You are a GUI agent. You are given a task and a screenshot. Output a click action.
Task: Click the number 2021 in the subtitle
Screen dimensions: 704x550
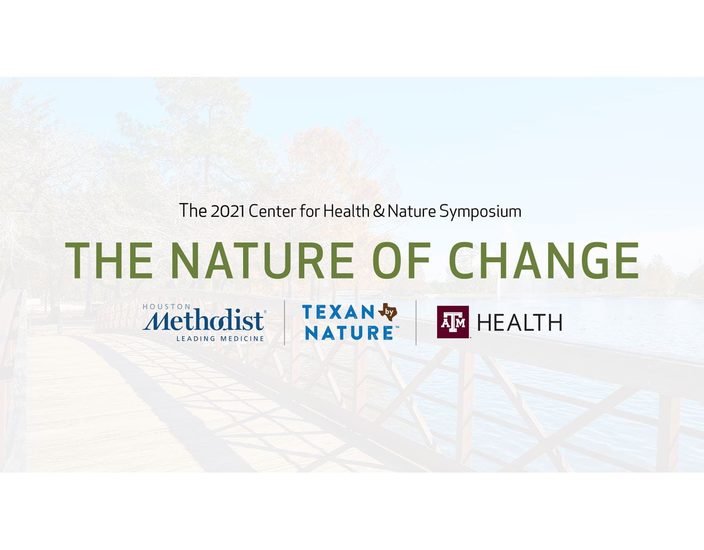[227, 211]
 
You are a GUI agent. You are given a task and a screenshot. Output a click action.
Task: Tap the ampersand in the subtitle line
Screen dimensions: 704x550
[378, 211]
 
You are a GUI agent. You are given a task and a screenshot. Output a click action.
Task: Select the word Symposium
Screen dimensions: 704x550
[480, 212]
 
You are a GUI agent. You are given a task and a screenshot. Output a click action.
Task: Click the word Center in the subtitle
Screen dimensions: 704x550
[273, 211]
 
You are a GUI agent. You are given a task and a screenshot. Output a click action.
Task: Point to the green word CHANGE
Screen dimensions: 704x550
[544, 261]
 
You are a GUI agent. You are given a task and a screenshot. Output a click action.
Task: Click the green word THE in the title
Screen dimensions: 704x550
[109, 261]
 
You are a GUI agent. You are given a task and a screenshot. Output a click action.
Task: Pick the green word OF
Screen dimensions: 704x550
[401, 261]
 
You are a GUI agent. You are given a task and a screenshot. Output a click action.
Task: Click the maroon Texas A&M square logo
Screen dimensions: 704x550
[452, 322]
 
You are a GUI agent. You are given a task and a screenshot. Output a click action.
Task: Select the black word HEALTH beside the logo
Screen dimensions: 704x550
[520, 322]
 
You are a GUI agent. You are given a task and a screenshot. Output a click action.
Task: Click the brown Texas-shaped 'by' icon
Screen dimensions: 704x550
[388, 312]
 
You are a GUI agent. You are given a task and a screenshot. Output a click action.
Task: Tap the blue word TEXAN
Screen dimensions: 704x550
[339, 312]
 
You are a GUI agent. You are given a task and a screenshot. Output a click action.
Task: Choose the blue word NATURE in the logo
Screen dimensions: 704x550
[349, 333]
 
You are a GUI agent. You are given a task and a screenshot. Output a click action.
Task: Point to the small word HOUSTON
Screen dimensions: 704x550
[167, 306]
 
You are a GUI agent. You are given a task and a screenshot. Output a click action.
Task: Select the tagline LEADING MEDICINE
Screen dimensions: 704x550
[220, 339]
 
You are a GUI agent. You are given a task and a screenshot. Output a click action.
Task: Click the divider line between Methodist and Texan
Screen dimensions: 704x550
[284, 323]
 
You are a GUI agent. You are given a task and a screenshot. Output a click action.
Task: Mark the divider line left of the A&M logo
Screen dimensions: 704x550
[416, 323]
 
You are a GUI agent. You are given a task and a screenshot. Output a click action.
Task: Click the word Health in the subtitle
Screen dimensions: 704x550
[346, 211]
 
